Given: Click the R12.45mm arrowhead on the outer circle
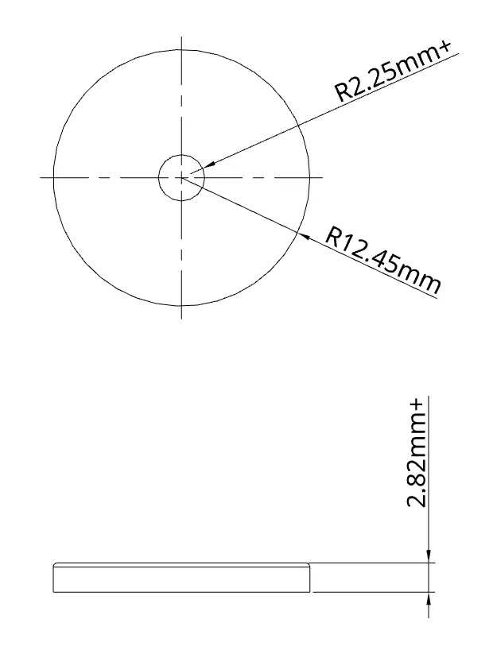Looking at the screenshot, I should pyautogui.click(x=301, y=234).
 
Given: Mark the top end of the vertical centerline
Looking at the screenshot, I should pyautogui.click(x=181, y=37).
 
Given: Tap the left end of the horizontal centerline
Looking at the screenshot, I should pyautogui.click(x=41, y=177).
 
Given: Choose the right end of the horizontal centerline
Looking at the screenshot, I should pyautogui.click(x=322, y=177).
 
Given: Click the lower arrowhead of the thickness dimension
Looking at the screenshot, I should pyautogui.click(x=429, y=597).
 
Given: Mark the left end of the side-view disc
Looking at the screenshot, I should pyautogui.click(x=53, y=578).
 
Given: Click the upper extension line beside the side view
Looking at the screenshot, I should pyautogui.click(x=374, y=563).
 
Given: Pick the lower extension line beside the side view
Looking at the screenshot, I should pyautogui.click(x=374, y=592).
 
